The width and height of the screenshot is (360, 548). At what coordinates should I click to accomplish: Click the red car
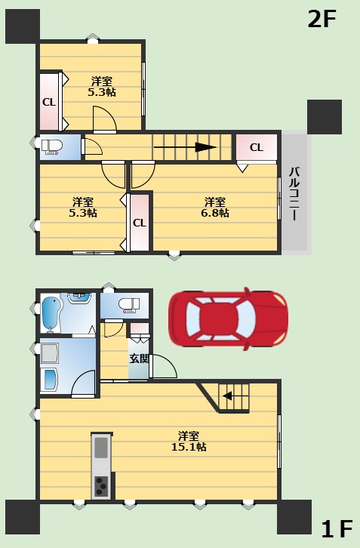[x=228, y=319]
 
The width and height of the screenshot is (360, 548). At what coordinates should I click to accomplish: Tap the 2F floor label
[x=322, y=19]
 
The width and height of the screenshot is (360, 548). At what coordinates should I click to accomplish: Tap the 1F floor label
[x=337, y=529]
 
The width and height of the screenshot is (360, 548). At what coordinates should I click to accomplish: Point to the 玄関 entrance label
[x=139, y=359]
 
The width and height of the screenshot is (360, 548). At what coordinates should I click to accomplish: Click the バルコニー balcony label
[x=294, y=194]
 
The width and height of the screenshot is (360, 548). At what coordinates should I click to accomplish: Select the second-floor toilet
[x=52, y=146]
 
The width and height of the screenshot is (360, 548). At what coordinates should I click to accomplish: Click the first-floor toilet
[x=129, y=306]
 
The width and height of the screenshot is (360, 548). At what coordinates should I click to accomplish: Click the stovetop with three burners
[x=101, y=486]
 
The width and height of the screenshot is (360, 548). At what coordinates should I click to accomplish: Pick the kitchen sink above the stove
[x=101, y=448]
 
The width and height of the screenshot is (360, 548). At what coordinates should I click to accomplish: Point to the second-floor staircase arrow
[x=185, y=147]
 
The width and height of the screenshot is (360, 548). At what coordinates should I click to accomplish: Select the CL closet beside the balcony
[x=257, y=147]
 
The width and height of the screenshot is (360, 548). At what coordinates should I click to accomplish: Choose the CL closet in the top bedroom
[x=49, y=102]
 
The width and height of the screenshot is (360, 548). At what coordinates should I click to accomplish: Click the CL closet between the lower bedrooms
[x=140, y=223]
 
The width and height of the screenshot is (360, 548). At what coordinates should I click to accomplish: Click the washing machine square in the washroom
[x=50, y=353]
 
